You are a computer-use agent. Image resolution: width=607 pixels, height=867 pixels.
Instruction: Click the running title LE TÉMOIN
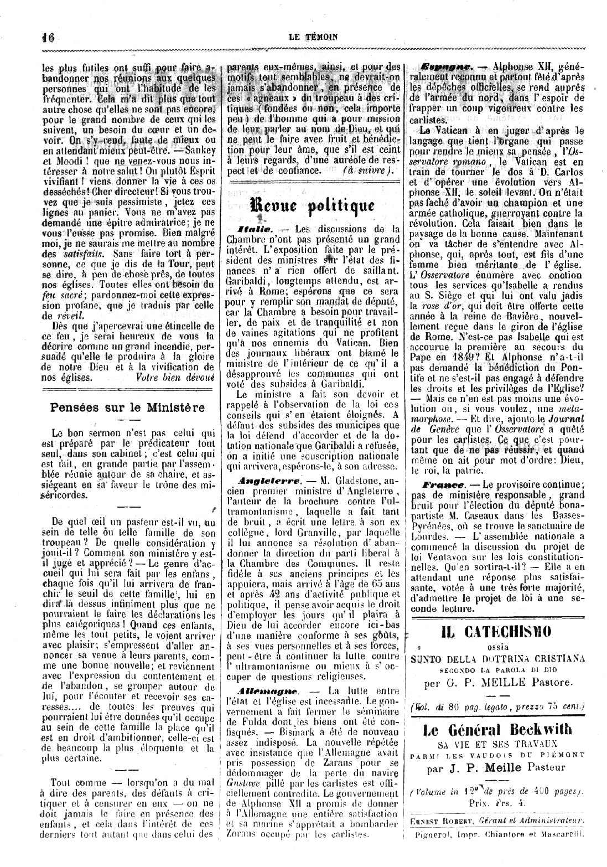click(x=313, y=37)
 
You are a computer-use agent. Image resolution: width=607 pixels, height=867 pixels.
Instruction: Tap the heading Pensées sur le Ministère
click(x=127, y=407)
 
